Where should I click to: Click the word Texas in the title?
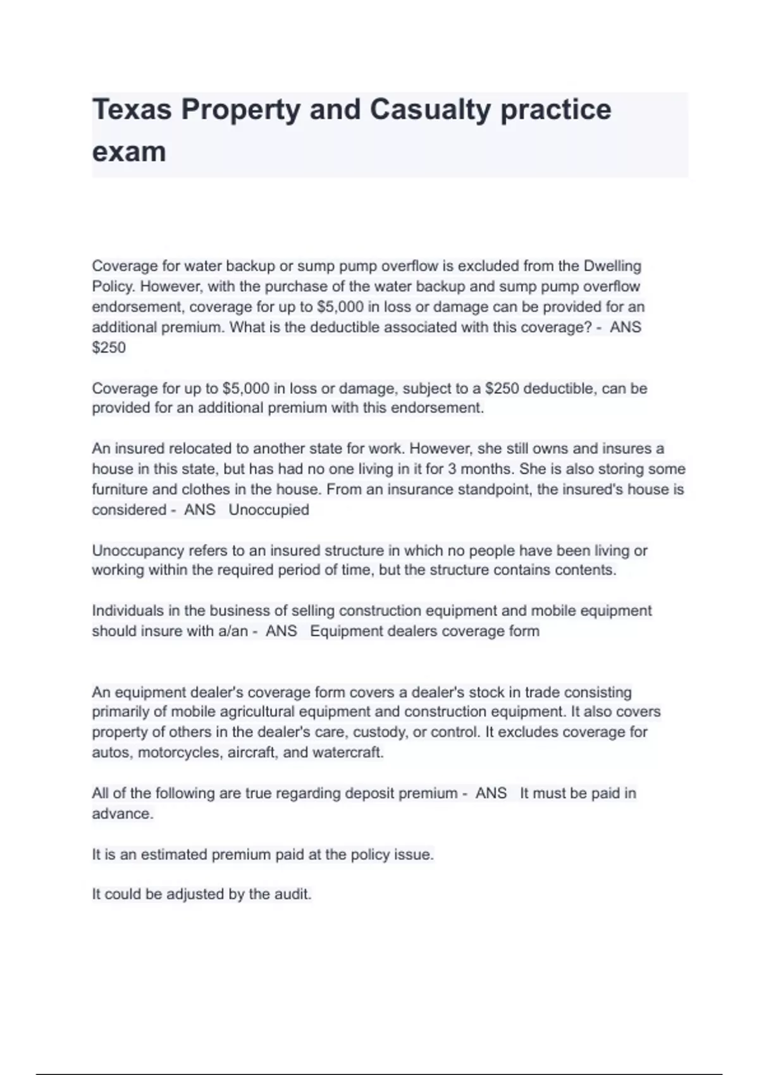[x=132, y=109]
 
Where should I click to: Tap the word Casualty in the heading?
[x=429, y=109]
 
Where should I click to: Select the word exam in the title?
[x=129, y=152]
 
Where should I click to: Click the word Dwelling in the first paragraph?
[x=612, y=266]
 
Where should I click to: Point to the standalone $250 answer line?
[x=109, y=348]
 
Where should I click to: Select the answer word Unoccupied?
[x=269, y=510]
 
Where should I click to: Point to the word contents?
[x=585, y=570]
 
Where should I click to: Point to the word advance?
[x=122, y=814]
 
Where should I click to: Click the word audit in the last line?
[x=292, y=895]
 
